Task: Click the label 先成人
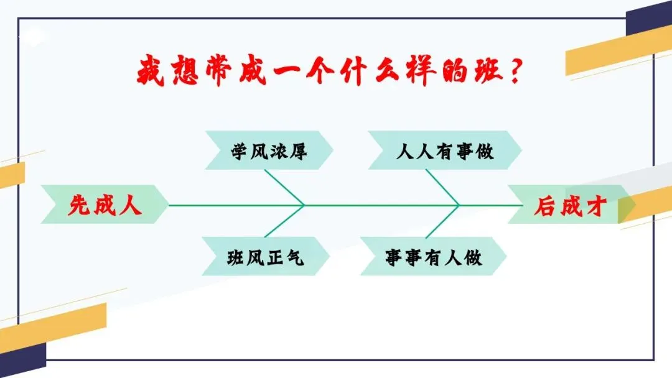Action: (x=105, y=205)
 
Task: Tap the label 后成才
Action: (x=569, y=206)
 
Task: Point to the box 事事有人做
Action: (x=433, y=257)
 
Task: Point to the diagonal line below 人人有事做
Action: (x=442, y=187)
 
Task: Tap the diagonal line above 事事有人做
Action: (x=442, y=222)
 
